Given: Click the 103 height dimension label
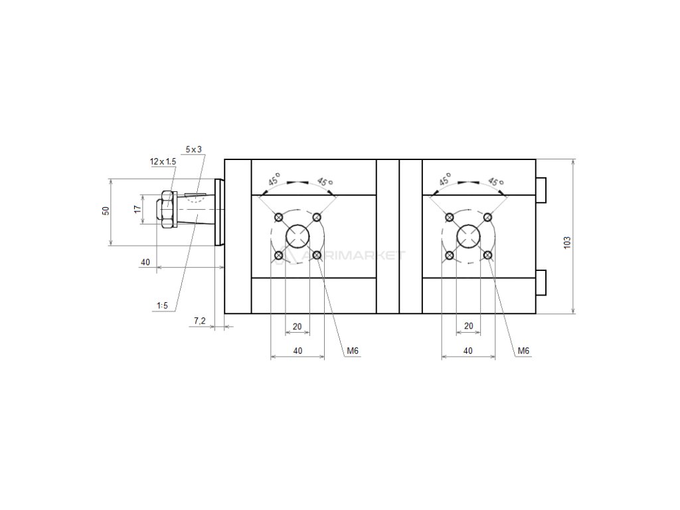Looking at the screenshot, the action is pyautogui.click(x=566, y=243).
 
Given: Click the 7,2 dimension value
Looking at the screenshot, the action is pyautogui.click(x=199, y=321).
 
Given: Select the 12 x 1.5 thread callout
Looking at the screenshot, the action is pyautogui.click(x=163, y=161).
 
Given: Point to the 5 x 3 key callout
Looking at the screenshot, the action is pyautogui.click(x=193, y=150).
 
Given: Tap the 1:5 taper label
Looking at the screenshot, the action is pyautogui.click(x=162, y=305).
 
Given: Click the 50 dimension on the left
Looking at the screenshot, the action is pyautogui.click(x=105, y=211).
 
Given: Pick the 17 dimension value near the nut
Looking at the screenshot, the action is pyautogui.click(x=137, y=209).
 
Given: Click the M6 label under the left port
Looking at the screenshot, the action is pyautogui.click(x=352, y=351).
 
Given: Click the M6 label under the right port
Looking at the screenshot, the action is pyautogui.click(x=523, y=351).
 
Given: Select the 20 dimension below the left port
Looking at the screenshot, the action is pyautogui.click(x=297, y=326).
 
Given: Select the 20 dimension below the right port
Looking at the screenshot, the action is pyautogui.click(x=468, y=326).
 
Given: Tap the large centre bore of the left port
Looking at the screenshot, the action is pyautogui.click(x=297, y=236).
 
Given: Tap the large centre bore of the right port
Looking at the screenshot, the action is pyautogui.click(x=469, y=236).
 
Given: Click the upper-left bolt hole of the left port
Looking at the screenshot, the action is pyautogui.click(x=279, y=217).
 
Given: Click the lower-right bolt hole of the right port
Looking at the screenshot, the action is pyautogui.click(x=488, y=255).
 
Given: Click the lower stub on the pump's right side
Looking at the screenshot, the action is pyautogui.click(x=541, y=282).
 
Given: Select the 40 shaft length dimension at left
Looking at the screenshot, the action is pyautogui.click(x=145, y=262).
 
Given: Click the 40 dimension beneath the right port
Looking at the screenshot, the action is pyautogui.click(x=468, y=350).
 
